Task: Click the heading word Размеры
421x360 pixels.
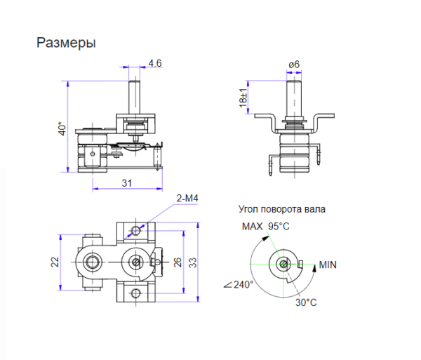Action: (x=66, y=43)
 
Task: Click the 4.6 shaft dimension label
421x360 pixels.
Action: (x=155, y=63)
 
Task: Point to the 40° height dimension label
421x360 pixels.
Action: (x=61, y=130)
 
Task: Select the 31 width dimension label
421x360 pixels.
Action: (x=127, y=182)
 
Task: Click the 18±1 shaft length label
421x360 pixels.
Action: (x=243, y=98)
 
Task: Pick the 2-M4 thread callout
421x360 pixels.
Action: (x=187, y=199)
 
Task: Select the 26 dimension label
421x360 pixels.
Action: (x=178, y=262)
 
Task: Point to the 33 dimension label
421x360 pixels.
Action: (x=192, y=262)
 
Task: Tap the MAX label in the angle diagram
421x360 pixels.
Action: (x=252, y=226)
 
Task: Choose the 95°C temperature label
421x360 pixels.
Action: (x=279, y=226)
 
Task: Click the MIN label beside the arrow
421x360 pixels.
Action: (x=328, y=265)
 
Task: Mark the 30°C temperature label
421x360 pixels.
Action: (x=306, y=302)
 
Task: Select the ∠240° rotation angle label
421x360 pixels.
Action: (x=239, y=285)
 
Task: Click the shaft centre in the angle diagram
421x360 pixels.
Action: (x=282, y=264)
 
